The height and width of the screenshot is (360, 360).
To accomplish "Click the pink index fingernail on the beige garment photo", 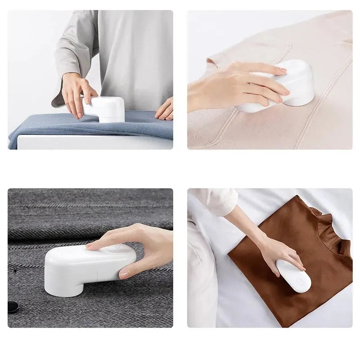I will tap(283, 70).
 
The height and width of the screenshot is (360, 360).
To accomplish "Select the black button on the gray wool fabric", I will tap(13, 307).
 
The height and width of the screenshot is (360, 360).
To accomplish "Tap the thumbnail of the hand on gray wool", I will tap(124, 274).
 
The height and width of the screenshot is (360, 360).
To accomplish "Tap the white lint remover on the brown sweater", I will tap(293, 276).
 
